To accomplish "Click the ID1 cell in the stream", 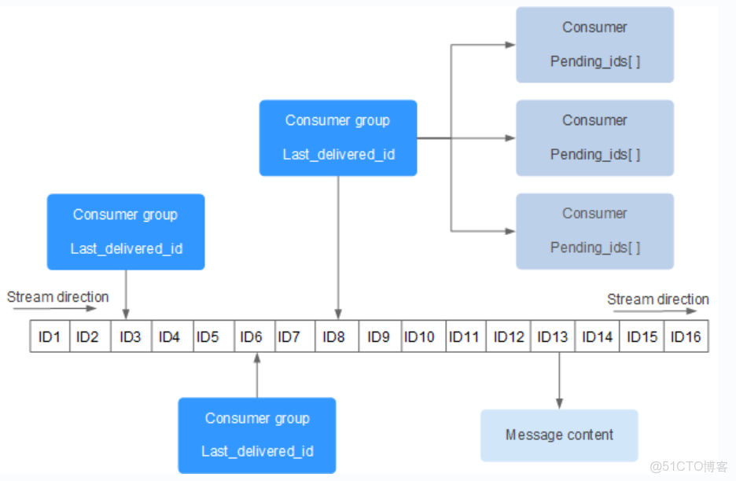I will click(50, 336).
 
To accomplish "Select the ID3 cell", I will click(131, 336).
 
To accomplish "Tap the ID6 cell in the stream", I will click(251, 336).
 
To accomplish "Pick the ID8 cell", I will click(334, 336).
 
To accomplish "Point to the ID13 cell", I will click(552, 336).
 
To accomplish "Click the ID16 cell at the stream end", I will click(686, 336).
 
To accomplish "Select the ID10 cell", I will click(419, 336).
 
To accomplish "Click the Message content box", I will click(559, 435).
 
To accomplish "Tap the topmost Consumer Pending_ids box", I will click(594, 45).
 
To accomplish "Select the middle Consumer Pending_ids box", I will click(594, 138).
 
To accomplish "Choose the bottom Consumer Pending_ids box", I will click(594, 231).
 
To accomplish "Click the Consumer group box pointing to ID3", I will click(126, 232).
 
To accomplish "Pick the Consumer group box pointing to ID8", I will click(338, 138).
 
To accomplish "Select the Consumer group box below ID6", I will click(257, 435).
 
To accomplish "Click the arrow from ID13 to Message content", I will click(559, 380).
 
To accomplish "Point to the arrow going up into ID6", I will click(257, 375).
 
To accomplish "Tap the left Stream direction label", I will click(57, 297).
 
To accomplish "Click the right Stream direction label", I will click(657, 299).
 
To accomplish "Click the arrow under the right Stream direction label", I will click(654, 311).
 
